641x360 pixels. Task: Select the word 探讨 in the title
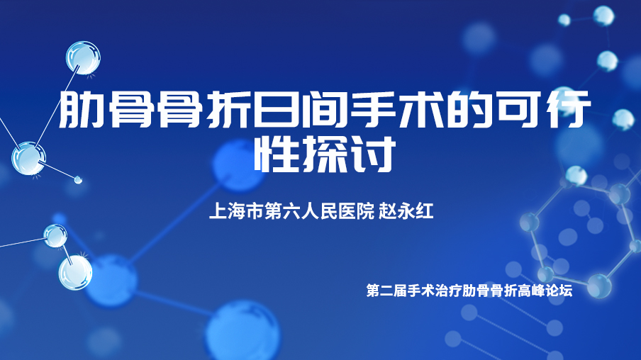click(x=348, y=154)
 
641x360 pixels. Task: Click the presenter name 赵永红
click(x=406, y=211)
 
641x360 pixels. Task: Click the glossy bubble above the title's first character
click(x=83, y=57)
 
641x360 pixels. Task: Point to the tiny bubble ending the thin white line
click(x=78, y=179)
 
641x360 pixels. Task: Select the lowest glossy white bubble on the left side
click(x=75, y=273)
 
